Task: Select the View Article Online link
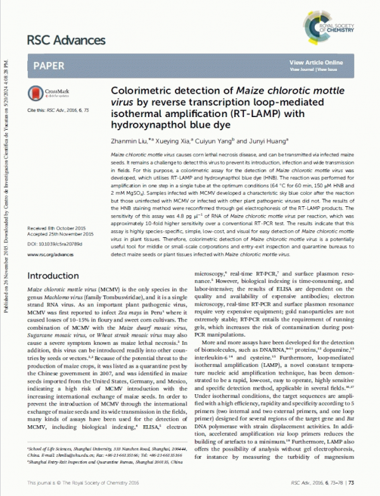[316, 63]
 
